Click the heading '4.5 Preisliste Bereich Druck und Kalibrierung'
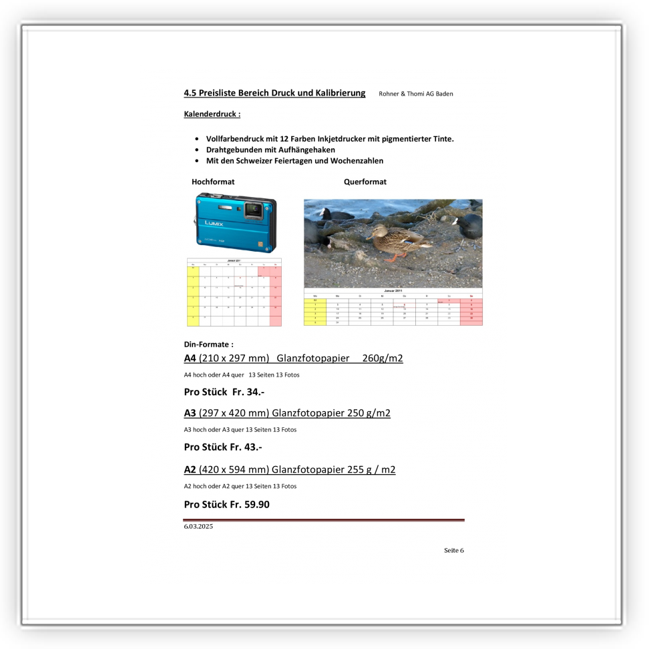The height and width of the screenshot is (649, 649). coord(274,93)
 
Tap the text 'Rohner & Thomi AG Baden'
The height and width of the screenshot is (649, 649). coord(415,93)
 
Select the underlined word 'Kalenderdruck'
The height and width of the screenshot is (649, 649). coord(210,114)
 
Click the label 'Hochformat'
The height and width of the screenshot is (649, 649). coord(213,182)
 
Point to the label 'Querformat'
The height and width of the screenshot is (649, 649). coord(365,182)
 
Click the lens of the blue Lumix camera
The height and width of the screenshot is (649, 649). coord(253,210)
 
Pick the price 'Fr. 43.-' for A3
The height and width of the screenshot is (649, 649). coord(246,447)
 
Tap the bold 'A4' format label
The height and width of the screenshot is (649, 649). coord(190,359)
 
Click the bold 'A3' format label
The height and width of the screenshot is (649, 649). coord(190,413)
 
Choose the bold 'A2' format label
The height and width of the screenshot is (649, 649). coord(190,469)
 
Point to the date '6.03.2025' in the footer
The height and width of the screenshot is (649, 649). coord(198,527)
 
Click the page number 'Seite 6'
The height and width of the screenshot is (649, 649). coord(453,550)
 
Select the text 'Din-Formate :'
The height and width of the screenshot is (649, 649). coord(208,345)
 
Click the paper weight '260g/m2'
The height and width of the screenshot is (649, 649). coord(383,359)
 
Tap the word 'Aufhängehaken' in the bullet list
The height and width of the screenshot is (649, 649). coord(306,150)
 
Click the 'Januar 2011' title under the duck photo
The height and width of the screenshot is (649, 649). coord(393,291)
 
